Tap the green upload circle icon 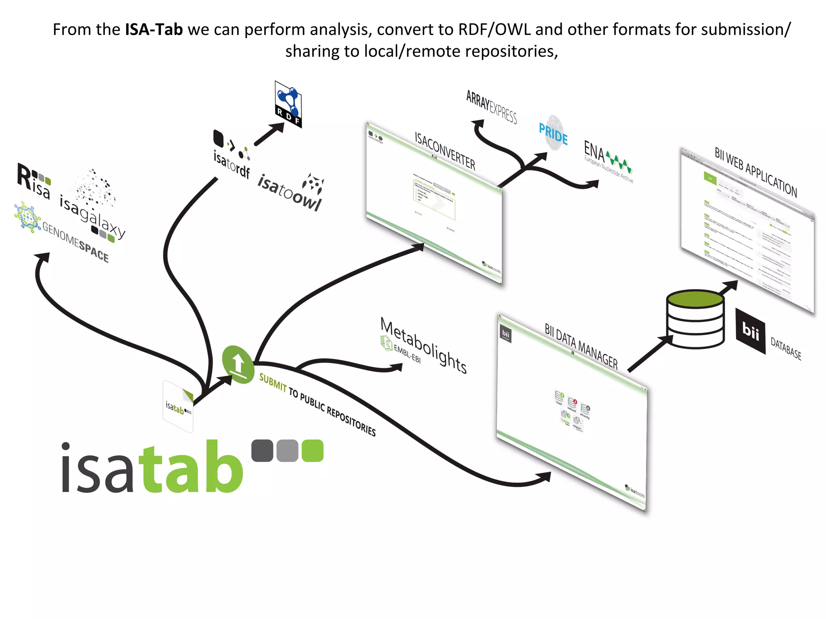pyautogui.click(x=238, y=364)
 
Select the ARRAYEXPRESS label pyautogui.click(x=491, y=107)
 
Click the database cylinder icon pyautogui.click(x=695, y=318)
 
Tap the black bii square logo pyautogui.click(x=750, y=331)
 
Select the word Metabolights pyautogui.click(x=423, y=345)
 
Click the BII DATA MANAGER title pyautogui.click(x=581, y=346)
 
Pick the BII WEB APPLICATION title pyautogui.click(x=756, y=172)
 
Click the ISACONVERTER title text pyautogui.click(x=445, y=151)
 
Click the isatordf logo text pyautogui.click(x=232, y=164)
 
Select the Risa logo pyautogui.click(x=34, y=181)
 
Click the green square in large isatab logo pyautogui.click(x=313, y=451)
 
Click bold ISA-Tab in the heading pyautogui.click(x=154, y=30)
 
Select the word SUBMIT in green pyautogui.click(x=273, y=382)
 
